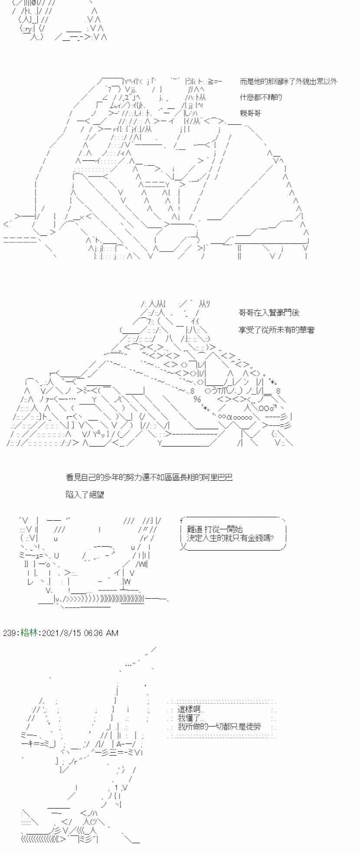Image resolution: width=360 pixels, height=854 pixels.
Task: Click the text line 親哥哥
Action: (250, 113)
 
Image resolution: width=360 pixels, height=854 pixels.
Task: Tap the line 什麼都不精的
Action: (261, 97)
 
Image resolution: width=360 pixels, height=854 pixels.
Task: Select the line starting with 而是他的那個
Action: (288, 81)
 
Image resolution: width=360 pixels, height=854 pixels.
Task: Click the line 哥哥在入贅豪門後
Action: (269, 313)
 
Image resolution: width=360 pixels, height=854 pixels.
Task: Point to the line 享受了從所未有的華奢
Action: (276, 330)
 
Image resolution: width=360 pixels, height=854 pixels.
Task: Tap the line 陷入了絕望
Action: (85, 494)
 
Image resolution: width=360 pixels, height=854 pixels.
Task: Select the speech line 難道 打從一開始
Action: (215, 529)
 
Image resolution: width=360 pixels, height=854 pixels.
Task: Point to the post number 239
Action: (9, 633)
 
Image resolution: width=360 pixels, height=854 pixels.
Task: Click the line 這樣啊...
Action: (191, 710)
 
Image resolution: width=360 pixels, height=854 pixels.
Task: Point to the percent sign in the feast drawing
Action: (197, 399)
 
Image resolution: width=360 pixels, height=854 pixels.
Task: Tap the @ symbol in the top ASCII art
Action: (33, 3)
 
